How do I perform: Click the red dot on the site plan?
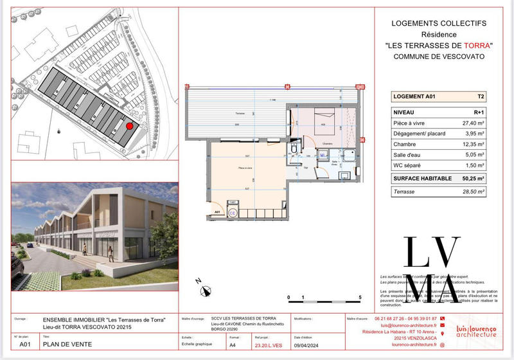pos(129,127)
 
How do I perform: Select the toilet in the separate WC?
pos(294,149)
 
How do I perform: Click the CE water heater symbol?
pos(233,212)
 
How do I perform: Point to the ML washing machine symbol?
pos(323,154)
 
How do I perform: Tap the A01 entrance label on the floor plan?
pos(218,211)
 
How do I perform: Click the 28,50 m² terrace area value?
pos(473,191)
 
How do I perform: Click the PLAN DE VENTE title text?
pos(67,345)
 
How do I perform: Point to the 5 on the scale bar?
pos(361,297)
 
